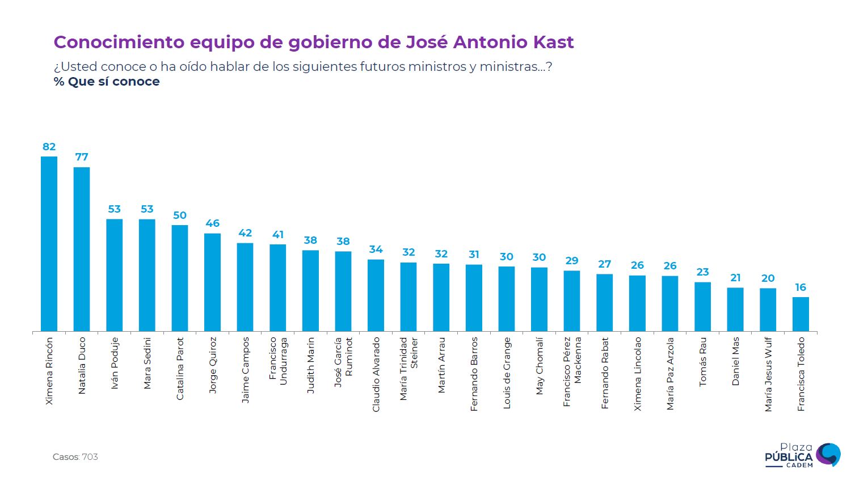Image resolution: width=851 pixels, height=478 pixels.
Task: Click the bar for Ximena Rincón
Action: pyautogui.click(x=49, y=244)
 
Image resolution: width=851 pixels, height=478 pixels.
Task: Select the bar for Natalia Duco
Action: pyautogui.click(x=82, y=249)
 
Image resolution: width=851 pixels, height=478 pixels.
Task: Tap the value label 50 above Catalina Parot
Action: pyautogui.click(x=180, y=215)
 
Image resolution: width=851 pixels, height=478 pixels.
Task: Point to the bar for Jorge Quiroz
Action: pyautogui.click(x=212, y=282)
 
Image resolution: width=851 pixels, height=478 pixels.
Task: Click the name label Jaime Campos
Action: pyautogui.click(x=245, y=370)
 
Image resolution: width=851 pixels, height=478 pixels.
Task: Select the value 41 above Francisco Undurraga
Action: pyautogui.click(x=278, y=235)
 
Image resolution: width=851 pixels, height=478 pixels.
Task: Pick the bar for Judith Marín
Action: pyautogui.click(x=310, y=291)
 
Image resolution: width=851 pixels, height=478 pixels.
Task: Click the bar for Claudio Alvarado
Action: pyautogui.click(x=376, y=295)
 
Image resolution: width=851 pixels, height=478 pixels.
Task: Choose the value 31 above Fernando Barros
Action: pyautogui.click(x=474, y=255)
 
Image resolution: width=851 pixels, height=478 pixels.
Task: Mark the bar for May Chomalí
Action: pyautogui.click(x=539, y=299)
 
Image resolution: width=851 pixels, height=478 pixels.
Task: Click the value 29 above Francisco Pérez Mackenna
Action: pyautogui.click(x=572, y=261)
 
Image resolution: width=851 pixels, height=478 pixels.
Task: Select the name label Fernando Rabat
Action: pyautogui.click(x=605, y=373)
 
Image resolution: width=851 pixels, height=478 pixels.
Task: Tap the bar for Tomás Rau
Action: pyautogui.click(x=702, y=307)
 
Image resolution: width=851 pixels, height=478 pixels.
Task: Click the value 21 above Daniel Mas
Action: pyautogui.click(x=735, y=278)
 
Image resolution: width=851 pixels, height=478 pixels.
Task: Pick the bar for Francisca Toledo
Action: pyautogui.click(x=801, y=314)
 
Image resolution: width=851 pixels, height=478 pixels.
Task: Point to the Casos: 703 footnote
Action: pyautogui.click(x=75, y=457)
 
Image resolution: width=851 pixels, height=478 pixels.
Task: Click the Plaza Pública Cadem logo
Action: pyautogui.click(x=802, y=455)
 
